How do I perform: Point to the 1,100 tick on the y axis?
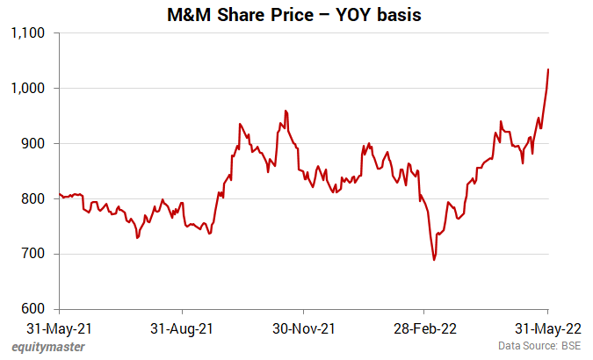click(28, 33)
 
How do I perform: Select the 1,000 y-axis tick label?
click(28, 89)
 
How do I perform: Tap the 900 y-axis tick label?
click(34, 144)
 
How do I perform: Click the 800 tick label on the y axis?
click(34, 199)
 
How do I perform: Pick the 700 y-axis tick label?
click(34, 255)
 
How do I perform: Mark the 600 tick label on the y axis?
click(34, 310)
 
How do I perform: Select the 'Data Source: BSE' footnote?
click(539, 347)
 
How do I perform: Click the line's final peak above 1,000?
click(548, 69)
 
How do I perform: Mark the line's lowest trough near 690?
click(434, 260)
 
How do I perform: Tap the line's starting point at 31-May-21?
click(60, 194)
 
